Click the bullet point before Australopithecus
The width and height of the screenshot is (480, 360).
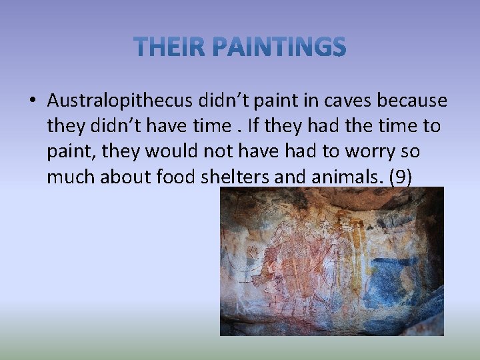click(32, 101)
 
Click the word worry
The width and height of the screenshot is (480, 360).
click(365, 151)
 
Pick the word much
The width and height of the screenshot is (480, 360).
click(69, 177)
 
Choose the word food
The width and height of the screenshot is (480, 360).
click(174, 177)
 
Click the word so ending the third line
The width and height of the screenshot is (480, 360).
click(411, 151)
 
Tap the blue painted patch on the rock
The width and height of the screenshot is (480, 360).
click(394, 280)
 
